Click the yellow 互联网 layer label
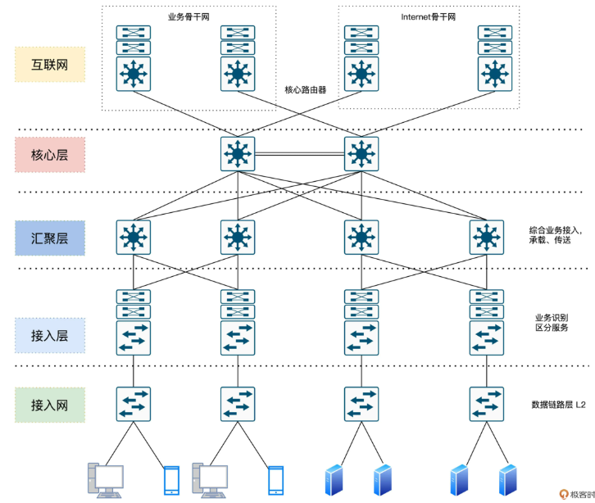49,64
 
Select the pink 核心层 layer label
49,154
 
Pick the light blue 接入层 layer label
49,335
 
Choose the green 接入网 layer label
49,405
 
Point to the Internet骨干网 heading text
428,16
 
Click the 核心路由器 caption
306,90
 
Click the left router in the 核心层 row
238,154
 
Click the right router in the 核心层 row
360,154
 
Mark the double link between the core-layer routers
298,154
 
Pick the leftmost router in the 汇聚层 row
133,238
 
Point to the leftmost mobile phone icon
170,479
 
